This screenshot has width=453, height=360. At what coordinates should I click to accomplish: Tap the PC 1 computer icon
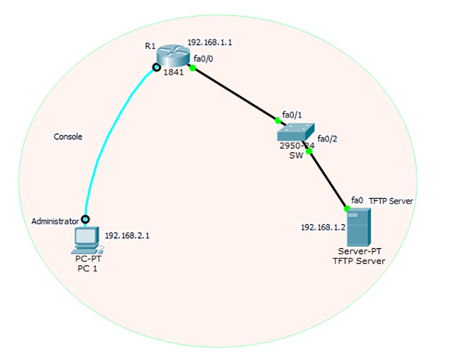point(86,240)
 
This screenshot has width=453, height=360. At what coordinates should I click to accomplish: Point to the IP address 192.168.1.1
point(210,42)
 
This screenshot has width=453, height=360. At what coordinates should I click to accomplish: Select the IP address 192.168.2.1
point(127,236)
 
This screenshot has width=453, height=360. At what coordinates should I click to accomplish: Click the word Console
point(69,137)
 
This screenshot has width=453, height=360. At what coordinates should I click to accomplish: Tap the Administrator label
point(55,221)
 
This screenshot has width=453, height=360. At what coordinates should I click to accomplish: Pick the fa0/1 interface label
point(292,114)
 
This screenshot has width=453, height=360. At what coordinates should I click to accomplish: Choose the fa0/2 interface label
point(328,139)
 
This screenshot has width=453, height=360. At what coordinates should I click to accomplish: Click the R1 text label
point(150,46)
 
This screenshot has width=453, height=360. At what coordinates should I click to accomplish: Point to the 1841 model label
point(173,72)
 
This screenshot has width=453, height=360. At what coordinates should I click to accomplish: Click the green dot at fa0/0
point(192,68)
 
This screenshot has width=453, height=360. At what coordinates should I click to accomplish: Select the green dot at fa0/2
point(309,150)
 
